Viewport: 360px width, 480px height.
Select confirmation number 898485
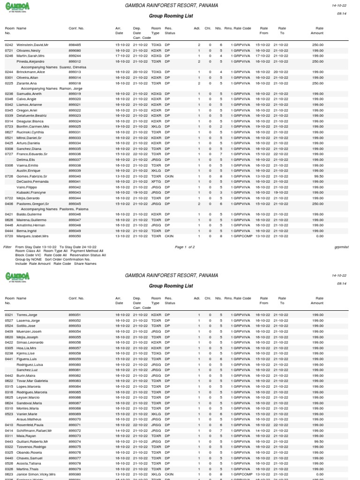[75, 45]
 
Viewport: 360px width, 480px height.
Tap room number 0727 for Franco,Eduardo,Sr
[9, 154]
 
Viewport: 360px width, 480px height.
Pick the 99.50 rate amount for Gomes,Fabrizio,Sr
[319, 176]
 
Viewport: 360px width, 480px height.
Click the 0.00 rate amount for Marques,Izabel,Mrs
[320, 236]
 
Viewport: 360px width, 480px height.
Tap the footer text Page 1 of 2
[185, 247]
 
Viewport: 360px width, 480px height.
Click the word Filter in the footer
[7, 247]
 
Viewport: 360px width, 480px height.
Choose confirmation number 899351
[75, 315]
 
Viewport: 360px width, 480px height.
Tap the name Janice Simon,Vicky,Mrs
[36, 474]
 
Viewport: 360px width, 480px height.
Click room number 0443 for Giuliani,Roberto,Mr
[9, 442]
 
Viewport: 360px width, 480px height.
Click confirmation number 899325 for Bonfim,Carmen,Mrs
[75, 127]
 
